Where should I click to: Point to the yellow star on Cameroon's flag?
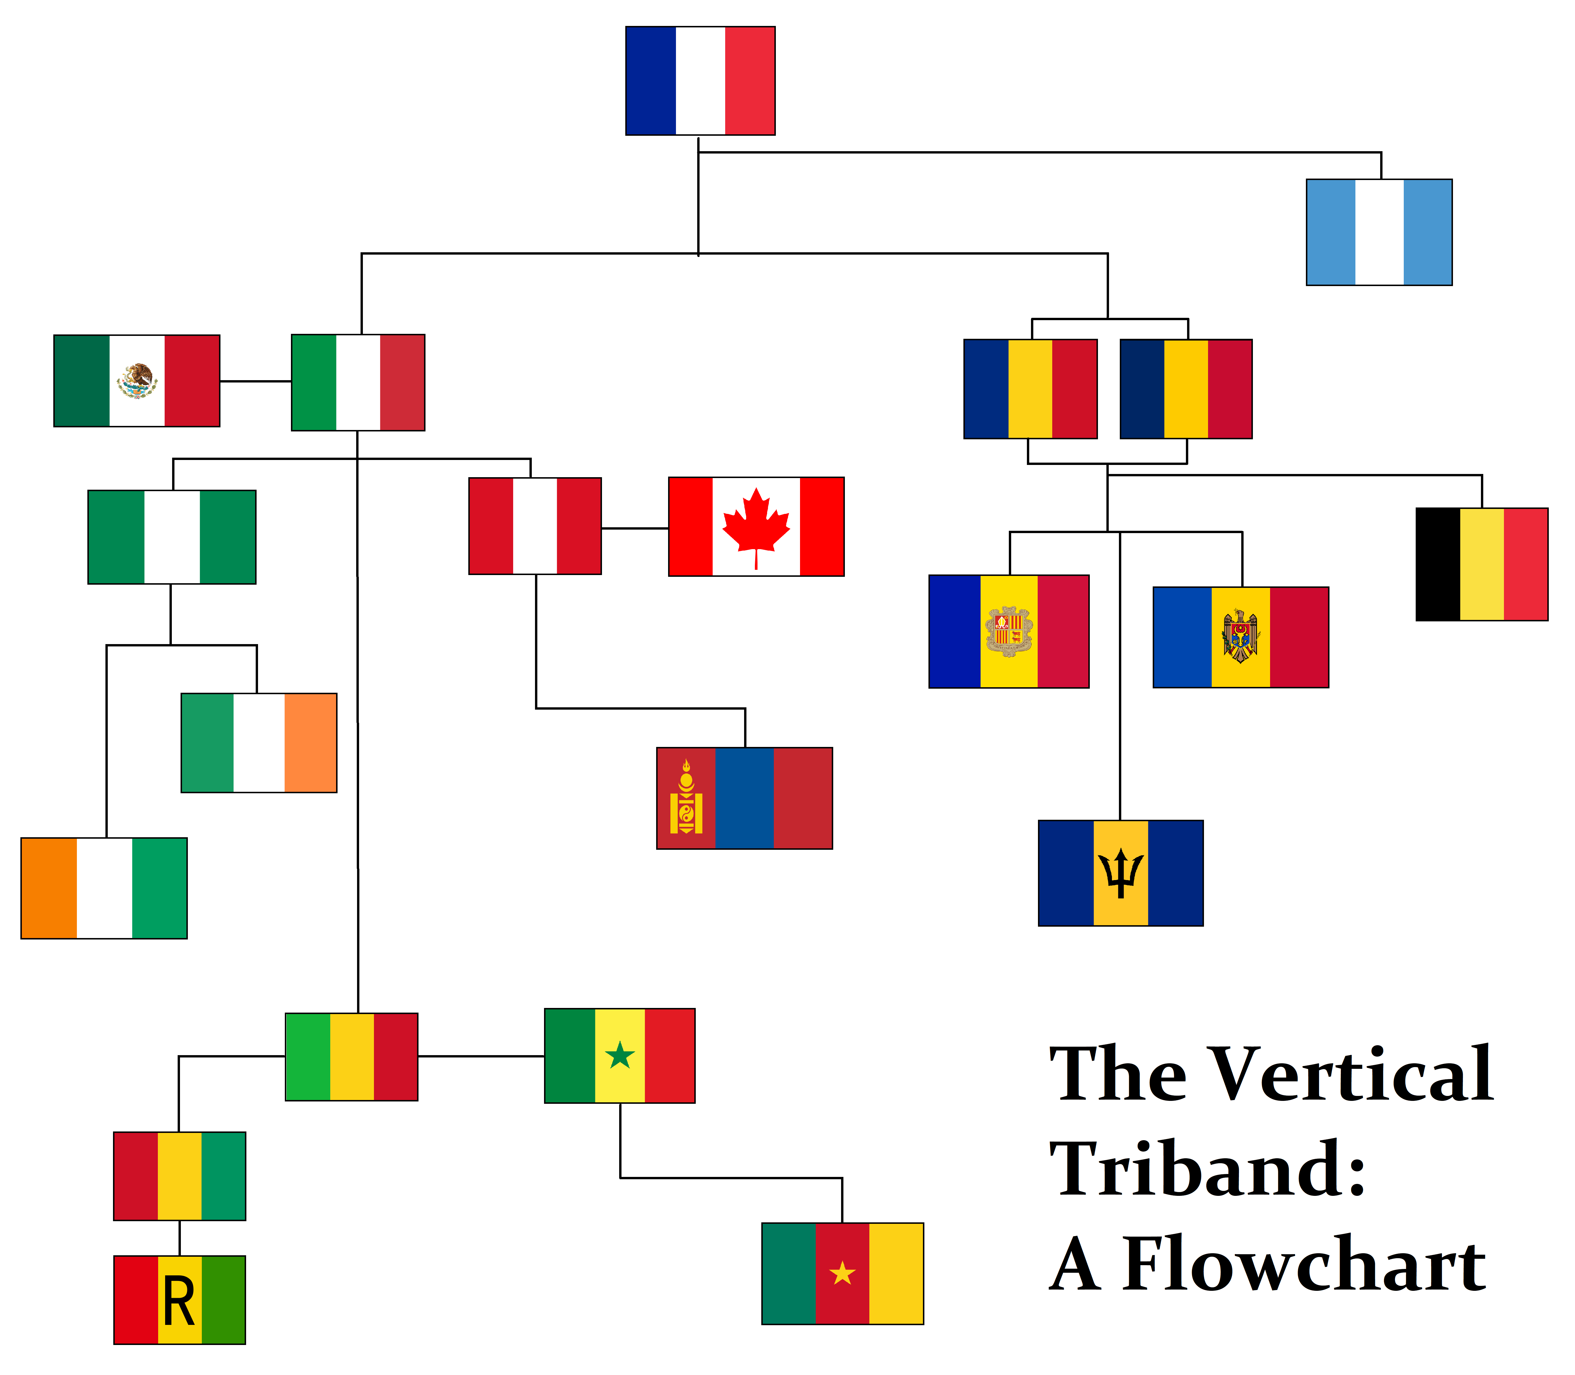[x=842, y=1274]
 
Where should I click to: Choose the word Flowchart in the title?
[x=1304, y=1265]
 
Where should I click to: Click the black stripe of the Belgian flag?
[x=1438, y=564]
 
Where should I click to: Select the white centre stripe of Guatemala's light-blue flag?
[x=1379, y=232]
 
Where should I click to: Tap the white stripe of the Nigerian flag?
[x=172, y=537]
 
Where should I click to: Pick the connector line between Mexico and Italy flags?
[x=255, y=381]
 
